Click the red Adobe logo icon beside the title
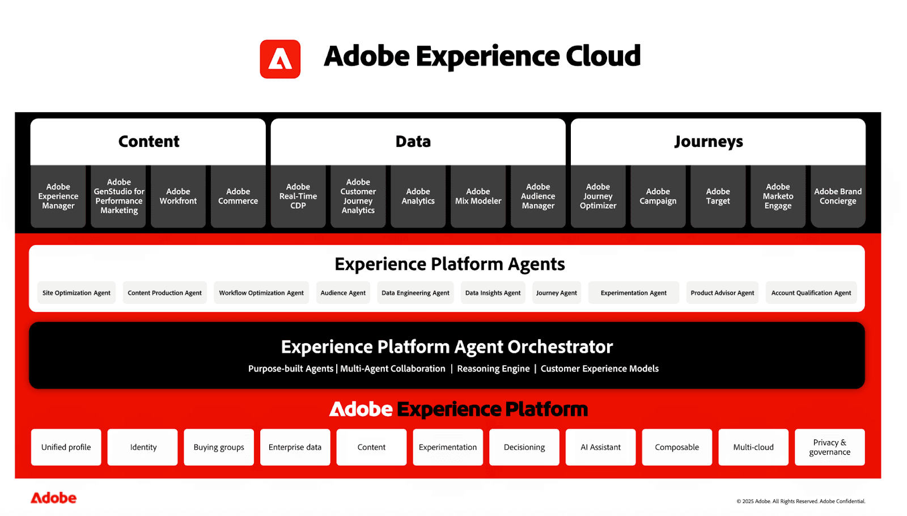click(x=280, y=59)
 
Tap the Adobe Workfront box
click(x=178, y=196)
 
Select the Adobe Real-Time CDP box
click(x=298, y=196)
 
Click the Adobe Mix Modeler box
click(x=478, y=196)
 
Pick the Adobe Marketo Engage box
click(x=778, y=196)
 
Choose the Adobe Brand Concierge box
click(x=838, y=196)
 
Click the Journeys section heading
click(x=709, y=142)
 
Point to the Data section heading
click(x=413, y=142)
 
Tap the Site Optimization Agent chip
click(x=77, y=293)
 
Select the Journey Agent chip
click(x=556, y=293)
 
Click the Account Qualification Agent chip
click(x=811, y=293)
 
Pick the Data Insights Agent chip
click(x=493, y=293)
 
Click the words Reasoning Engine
click(x=493, y=369)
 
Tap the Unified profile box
click(x=66, y=447)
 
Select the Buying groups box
click(x=219, y=447)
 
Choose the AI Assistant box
click(x=600, y=447)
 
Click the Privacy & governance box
click(x=829, y=447)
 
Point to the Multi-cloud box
click(x=753, y=447)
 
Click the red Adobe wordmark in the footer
click(x=53, y=498)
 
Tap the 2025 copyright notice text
click(x=800, y=501)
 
